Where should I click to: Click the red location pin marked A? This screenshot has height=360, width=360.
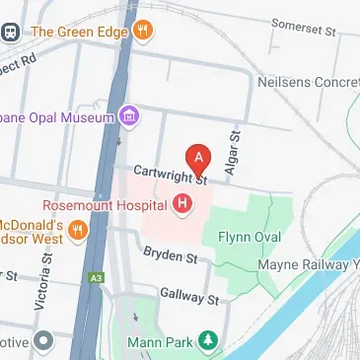click(x=199, y=158)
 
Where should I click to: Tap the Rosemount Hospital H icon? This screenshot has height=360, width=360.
click(x=181, y=205)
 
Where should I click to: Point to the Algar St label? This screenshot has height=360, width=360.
click(x=234, y=154)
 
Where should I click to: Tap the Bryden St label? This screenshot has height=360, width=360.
click(x=170, y=257)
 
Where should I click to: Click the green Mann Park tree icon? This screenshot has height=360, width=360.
click(x=207, y=341)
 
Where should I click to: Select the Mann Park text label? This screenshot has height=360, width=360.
click(x=158, y=342)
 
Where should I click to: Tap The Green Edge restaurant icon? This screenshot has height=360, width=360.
click(x=144, y=31)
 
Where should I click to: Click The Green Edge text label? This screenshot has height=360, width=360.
click(x=79, y=31)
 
